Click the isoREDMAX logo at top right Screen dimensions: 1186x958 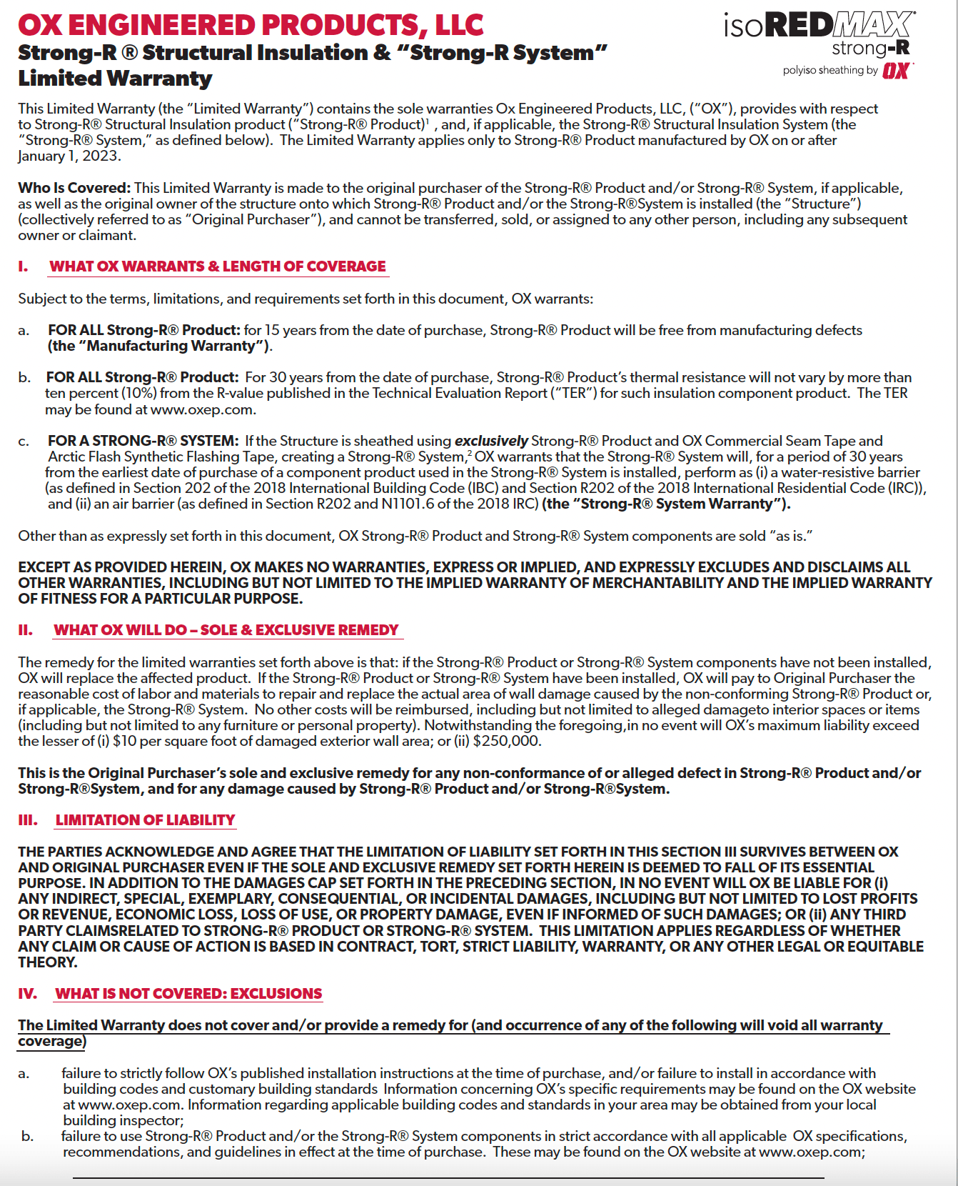[x=819, y=27]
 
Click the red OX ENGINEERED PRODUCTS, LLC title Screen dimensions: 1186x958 [x=251, y=25]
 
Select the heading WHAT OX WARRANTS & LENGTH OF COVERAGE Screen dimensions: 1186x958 [x=218, y=266]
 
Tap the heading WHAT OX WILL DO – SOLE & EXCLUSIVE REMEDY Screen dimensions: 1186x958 [x=226, y=630]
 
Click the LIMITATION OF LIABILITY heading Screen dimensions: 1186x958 [x=145, y=820]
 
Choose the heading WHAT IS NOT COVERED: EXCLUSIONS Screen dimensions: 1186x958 [x=188, y=994]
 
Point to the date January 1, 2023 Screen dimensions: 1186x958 [x=69, y=156]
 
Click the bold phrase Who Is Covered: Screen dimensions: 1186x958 [x=74, y=188]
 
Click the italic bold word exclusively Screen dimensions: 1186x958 [x=491, y=441]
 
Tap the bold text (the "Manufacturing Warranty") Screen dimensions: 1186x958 [x=160, y=346]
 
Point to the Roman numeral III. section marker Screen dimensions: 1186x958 [x=28, y=820]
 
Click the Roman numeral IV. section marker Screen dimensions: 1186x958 [x=28, y=994]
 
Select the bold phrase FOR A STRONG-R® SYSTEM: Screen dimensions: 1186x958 [x=143, y=441]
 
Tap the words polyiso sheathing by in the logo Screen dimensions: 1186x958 [x=830, y=70]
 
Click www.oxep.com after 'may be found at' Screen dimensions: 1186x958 [x=202, y=410]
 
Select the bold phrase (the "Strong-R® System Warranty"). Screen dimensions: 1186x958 [x=666, y=504]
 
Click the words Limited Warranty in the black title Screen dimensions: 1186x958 [x=115, y=79]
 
